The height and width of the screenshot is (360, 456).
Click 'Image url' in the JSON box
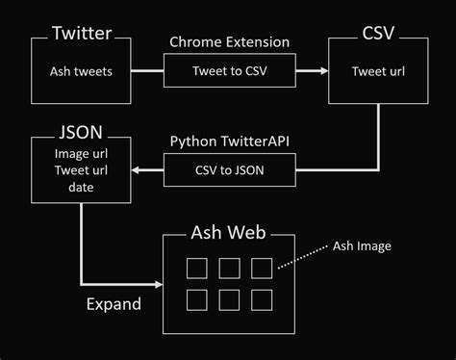point(80,154)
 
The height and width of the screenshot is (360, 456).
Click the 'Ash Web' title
point(227,235)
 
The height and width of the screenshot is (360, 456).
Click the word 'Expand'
point(112,304)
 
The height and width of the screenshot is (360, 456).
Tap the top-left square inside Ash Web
point(195,267)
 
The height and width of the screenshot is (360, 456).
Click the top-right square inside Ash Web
point(261,267)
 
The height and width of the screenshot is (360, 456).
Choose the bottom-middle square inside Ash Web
point(228,300)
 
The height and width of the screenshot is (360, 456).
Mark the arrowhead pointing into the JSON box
point(137,170)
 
